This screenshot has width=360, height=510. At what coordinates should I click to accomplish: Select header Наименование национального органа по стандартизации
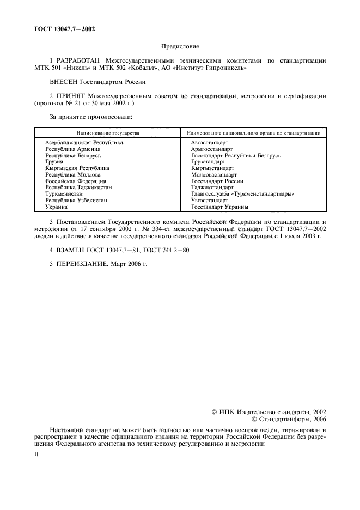pyautogui.click(x=254, y=133)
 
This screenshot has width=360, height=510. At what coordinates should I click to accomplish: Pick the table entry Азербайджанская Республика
pyautogui.click(x=84, y=142)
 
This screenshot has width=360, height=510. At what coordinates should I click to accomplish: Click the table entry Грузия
pyautogui.click(x=54, y=162)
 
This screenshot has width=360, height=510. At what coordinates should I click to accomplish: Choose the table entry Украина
pyautogui.click(x=57, y=207)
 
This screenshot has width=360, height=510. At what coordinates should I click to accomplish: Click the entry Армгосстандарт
pyautogui.click(x=212, y=149)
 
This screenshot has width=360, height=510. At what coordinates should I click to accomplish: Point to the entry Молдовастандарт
pyautogui.click(x=214, y=175)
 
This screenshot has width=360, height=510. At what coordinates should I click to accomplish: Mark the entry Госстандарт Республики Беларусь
pyautogui.click(x=236, y=155)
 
